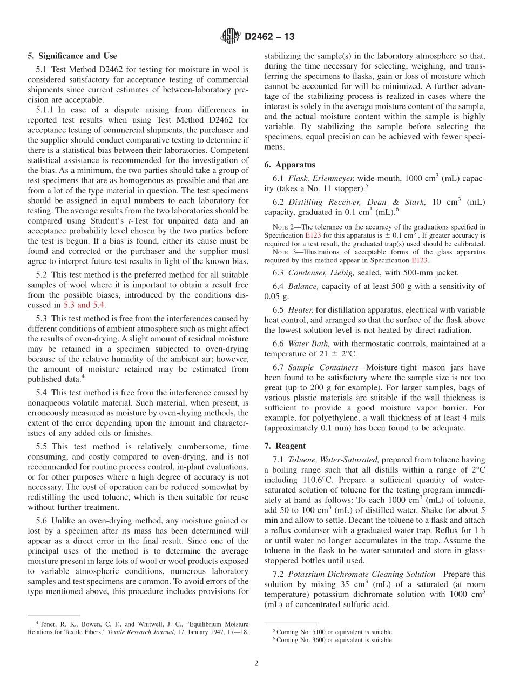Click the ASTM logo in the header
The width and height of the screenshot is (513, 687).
pos(232,37)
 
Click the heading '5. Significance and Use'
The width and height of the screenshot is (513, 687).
pos(72,56)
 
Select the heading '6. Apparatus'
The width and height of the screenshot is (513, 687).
pos(289,165)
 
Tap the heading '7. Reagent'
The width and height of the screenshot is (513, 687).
pos(285,446)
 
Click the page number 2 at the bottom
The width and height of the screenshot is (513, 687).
pos(256,663)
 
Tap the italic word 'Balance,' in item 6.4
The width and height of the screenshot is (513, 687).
pos(302,286)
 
